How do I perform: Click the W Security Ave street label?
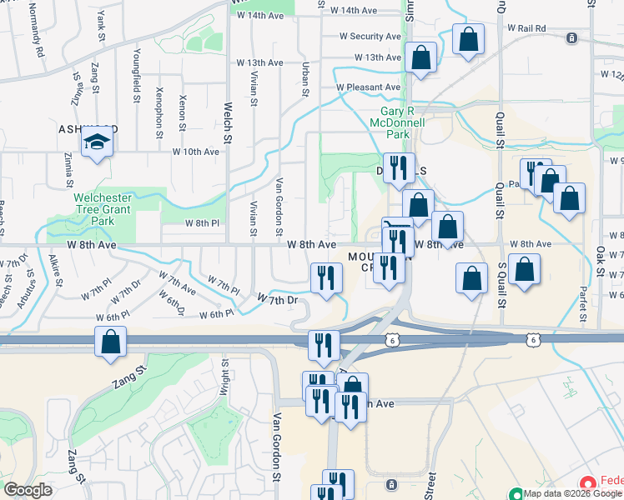click(370, 37)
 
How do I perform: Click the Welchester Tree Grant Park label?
click(105, 210)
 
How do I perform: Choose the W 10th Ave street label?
click(195, 152)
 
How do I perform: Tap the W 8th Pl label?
click(201, 223)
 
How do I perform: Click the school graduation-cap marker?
click(97, 143)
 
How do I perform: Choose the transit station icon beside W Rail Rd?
click(572, 38)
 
